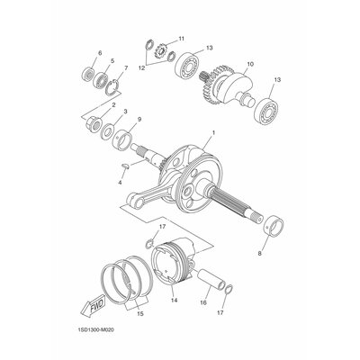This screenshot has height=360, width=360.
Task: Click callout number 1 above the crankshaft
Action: (213, 132)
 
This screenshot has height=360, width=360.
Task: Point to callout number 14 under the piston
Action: (175, 300)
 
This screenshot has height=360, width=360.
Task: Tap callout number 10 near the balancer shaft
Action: (250, 64)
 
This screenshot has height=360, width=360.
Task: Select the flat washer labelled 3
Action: (106, 131)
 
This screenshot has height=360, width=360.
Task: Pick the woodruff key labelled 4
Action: (125, 166)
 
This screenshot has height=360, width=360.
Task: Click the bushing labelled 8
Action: (274, 228)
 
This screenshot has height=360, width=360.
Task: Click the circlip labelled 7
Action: (113, 88)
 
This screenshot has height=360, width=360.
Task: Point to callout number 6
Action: (100, 53)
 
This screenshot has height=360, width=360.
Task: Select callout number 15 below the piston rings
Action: (140, 314)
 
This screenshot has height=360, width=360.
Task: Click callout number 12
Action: (141, 68)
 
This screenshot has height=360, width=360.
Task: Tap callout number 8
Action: (259, 253)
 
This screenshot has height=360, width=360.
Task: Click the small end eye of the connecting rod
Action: (135, 200)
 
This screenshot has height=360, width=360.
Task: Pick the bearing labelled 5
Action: (100, 79)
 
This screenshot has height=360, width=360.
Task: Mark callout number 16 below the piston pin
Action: (203, 303)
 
